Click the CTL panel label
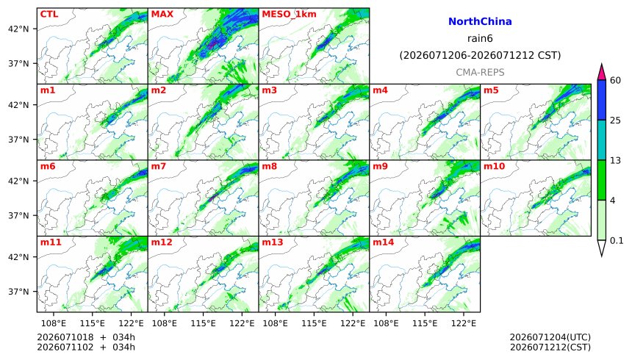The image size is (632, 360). (x=49, y=14)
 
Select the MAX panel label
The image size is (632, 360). (x=162, y=14)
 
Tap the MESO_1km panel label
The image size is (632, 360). (x=289, y=15)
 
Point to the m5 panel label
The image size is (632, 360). (x=491, y=90)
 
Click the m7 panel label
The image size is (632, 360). (x=159, y=166)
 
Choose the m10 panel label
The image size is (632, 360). (x=494, y=166)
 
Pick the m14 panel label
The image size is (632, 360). (x=384, y=242)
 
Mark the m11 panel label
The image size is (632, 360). (x=51, y=242)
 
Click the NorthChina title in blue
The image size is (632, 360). (x=480, y=22)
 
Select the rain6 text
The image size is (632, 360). (x=480, y=39)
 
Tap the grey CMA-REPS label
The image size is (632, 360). (x=480, y=73)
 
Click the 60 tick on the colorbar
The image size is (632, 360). (x=616, y=80)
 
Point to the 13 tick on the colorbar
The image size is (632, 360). (x=616, y=160)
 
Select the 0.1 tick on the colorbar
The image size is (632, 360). (x=617, y=241)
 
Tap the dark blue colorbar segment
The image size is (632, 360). (x=602, y=100)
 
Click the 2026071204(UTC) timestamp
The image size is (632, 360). (x=550, y=337)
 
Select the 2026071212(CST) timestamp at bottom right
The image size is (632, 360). (x=550, y=347)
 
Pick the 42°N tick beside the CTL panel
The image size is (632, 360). (x=18, y=29)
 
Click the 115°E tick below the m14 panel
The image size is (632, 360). (x=425, y=323)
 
